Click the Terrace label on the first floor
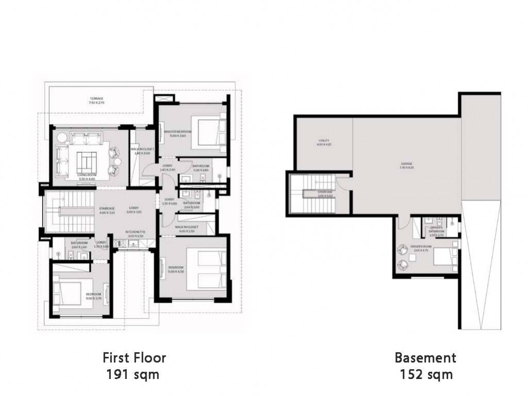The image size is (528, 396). pos(96,101)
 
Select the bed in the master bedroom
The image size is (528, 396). pos(209,132)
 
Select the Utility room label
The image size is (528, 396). pos(323,143)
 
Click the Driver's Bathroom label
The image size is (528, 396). pos(436,230)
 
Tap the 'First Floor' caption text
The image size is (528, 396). pos(134,357)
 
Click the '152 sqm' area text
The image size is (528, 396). pos(426,375)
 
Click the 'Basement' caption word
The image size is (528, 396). pos(425,357)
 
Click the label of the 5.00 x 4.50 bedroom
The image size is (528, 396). pos(176,269)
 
